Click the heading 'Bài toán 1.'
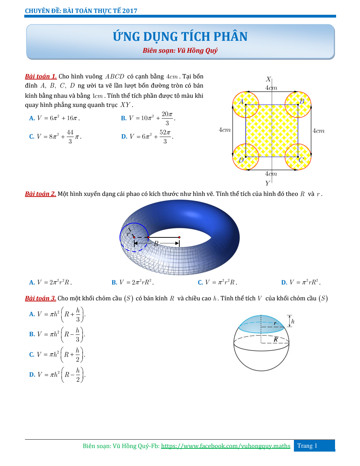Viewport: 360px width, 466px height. [x=41, y=76]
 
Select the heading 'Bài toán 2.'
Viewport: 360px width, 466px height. [x=40, y=194]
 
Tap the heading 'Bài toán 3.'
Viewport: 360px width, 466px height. [x=40, y=298]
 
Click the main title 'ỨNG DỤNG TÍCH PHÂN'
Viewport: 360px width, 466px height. [x=180, y=37]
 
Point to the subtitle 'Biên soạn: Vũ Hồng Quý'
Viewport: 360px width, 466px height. [x=180, y=51]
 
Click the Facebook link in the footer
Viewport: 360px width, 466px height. [x=225, y=446]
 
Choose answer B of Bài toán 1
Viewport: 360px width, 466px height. [x=148, y=119]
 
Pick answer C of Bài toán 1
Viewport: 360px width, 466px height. [x=55, y=137]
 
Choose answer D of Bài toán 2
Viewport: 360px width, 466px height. [x=301, y=282]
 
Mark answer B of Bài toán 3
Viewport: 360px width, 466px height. [x=57, y=334]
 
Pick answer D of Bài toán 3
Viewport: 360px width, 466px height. [x=57, y=375]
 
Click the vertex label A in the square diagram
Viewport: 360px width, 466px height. [x=242, y=102]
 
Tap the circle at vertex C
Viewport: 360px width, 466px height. [x=298, y=157]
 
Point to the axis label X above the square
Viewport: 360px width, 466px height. [x=268, y=79]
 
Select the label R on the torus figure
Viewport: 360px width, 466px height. [x=156, y=243]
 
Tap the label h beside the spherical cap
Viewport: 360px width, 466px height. [x=293, y=321]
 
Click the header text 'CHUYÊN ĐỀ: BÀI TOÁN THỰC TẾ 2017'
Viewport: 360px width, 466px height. [x=81, y=11]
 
